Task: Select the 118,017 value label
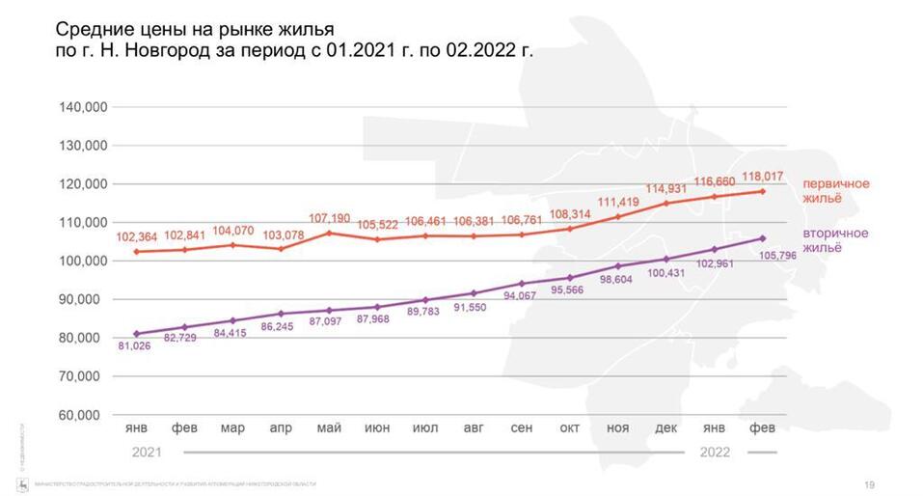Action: click(x=763, y=177)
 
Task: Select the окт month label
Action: click(x=570, y=427)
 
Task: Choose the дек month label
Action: click(x=666, y=427)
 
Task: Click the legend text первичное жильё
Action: click(x=837, y=190)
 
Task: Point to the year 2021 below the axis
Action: click(x=146, y=451)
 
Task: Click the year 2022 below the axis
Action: click(x=715, y=451)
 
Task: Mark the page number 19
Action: click(x=869, y=483)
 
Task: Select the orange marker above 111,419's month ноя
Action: click(x=618, y=216)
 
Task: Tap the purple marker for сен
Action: click(x=522, y=284)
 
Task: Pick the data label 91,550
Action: click(x=473, y=307)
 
